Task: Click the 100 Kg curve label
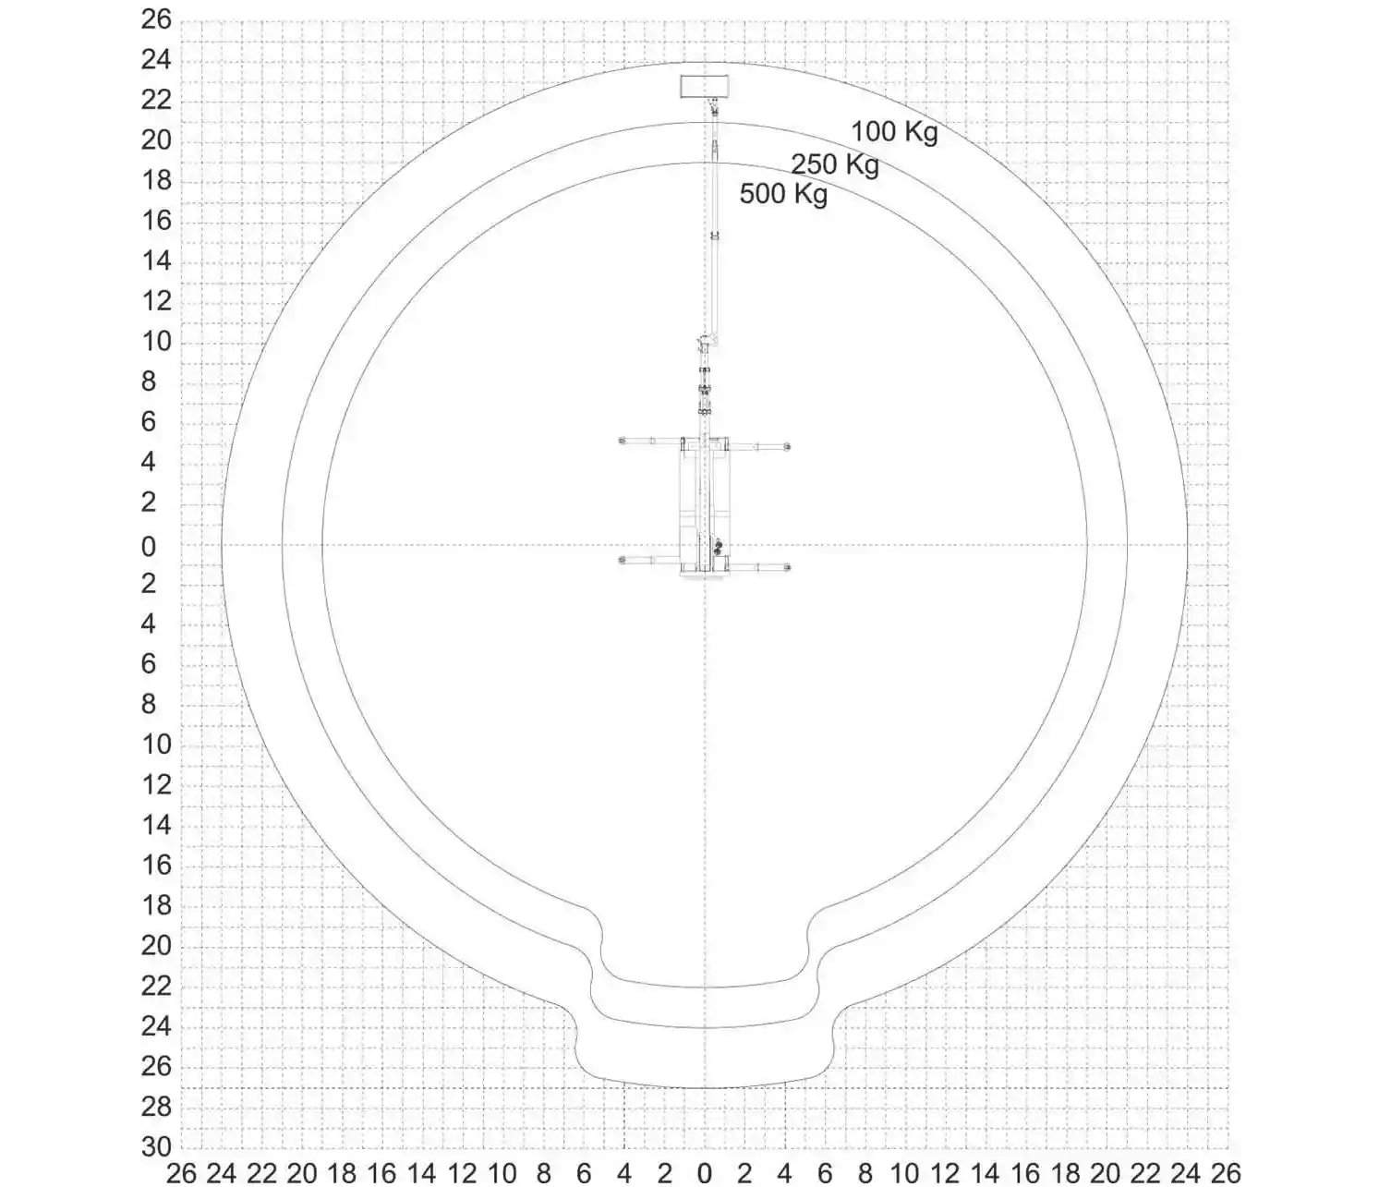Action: pos(894,131)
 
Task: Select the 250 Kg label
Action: pos(834,164)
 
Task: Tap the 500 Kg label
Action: pos(783,194)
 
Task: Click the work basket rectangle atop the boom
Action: pos(704,87)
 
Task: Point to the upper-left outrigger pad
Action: pos(622,441)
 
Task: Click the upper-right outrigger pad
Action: pos(787,446)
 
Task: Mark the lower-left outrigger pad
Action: pos(622,560)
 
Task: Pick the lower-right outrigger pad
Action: pos(787,567)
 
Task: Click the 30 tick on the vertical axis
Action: pos(156,1146)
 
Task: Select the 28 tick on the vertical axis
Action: pos(156,1107)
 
